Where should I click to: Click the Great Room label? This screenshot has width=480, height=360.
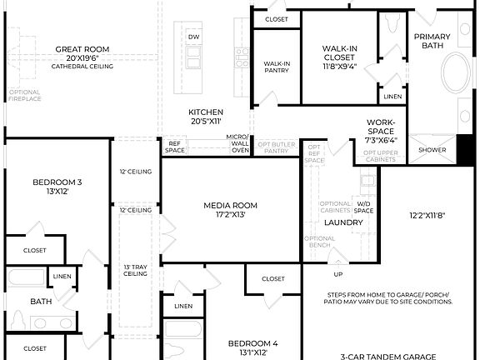pos(82,49)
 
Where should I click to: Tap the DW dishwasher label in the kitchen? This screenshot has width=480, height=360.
pos(193,37)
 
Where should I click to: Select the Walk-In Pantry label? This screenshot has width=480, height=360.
pos(277,67)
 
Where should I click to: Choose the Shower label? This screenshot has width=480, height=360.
pos(432,150)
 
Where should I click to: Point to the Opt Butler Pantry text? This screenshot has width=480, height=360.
pos(277,147)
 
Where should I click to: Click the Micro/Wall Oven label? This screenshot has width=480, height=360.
pos(238,143)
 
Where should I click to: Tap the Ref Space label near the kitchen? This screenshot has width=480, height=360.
pos(175,147)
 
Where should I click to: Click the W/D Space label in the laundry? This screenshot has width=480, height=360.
pos(364,207)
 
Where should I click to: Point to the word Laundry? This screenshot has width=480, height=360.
pos(342,222)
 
